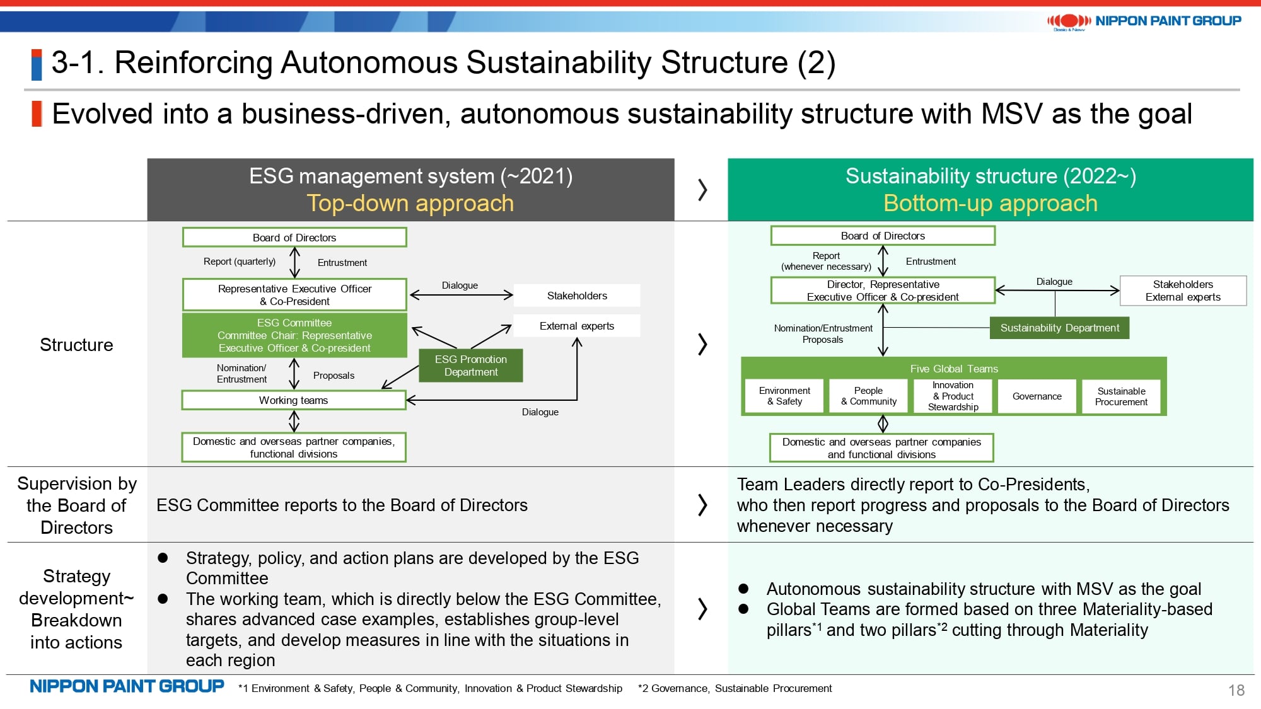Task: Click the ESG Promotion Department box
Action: coord(470,366)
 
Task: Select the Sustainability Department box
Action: coord(1059,328)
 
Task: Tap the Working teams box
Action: coord(294,400)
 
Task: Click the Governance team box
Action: coord(1037,396)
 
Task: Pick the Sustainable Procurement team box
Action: coord(1121,396)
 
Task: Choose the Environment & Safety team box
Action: coord(784,396)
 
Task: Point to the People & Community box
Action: coord(868,396)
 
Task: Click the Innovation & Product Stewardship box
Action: coord(953,396)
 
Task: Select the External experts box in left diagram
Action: coord(576,326)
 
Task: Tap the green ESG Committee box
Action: coord(294,335)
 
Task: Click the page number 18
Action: coord(1236,690)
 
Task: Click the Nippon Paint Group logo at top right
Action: coord(1144,21)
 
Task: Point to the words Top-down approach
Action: coord(410,204)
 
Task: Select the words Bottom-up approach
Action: coord(990,204)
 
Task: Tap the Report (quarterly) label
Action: coord(240,262)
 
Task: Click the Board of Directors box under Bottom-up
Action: coord(883,236)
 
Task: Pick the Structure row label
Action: coord(76,345)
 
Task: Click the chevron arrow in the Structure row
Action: coord(702,344)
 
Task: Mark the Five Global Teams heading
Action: coord(953,369)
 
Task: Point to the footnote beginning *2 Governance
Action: coord(735,688)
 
